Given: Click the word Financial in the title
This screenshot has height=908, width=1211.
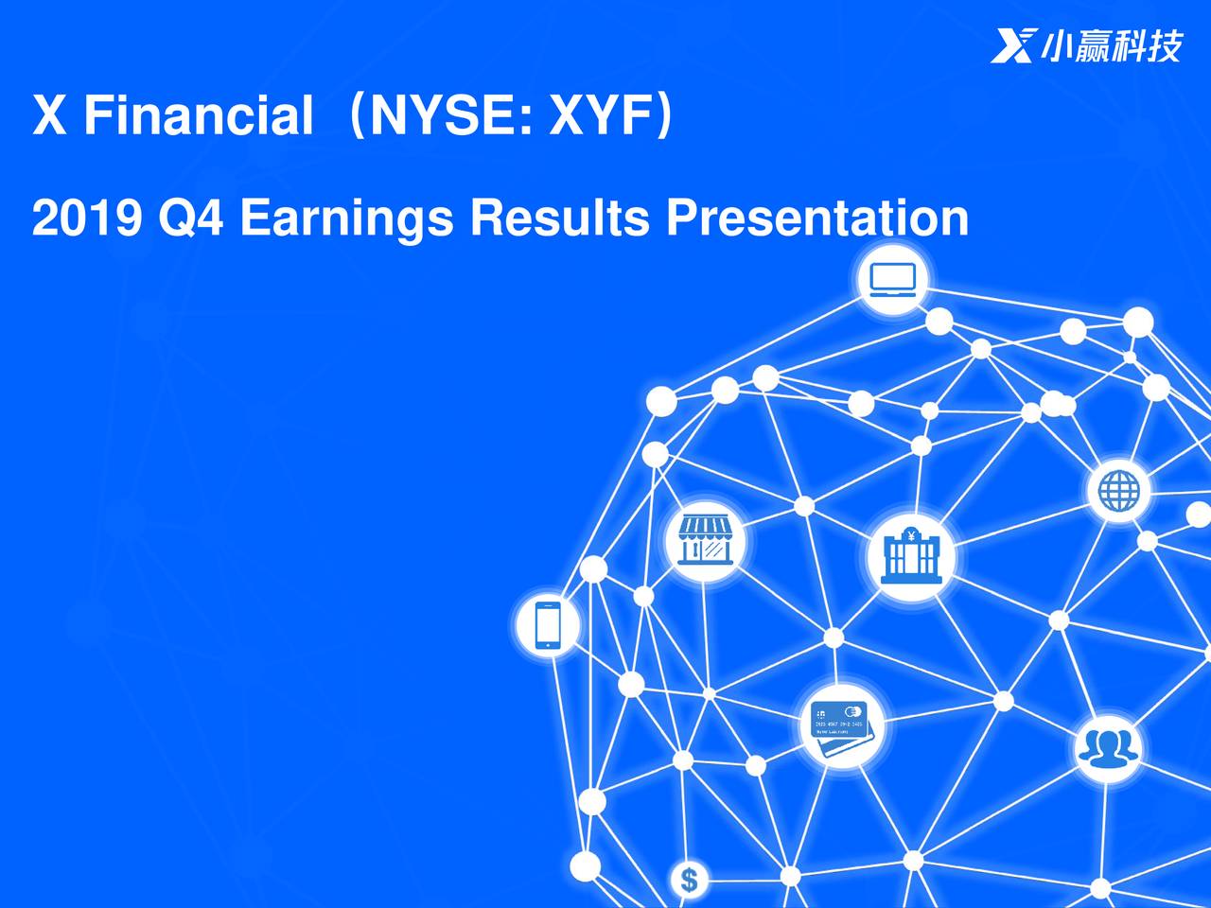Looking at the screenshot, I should pos(198,116).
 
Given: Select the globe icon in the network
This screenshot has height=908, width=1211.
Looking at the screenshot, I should pos(1118,491).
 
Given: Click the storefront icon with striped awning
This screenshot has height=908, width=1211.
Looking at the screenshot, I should pos(705,541).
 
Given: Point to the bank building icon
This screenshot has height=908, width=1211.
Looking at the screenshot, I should pos(910,556).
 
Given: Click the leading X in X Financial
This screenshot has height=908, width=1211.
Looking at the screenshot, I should pos(49,116).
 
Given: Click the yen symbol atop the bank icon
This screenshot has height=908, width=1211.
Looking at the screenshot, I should pos(910,535).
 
